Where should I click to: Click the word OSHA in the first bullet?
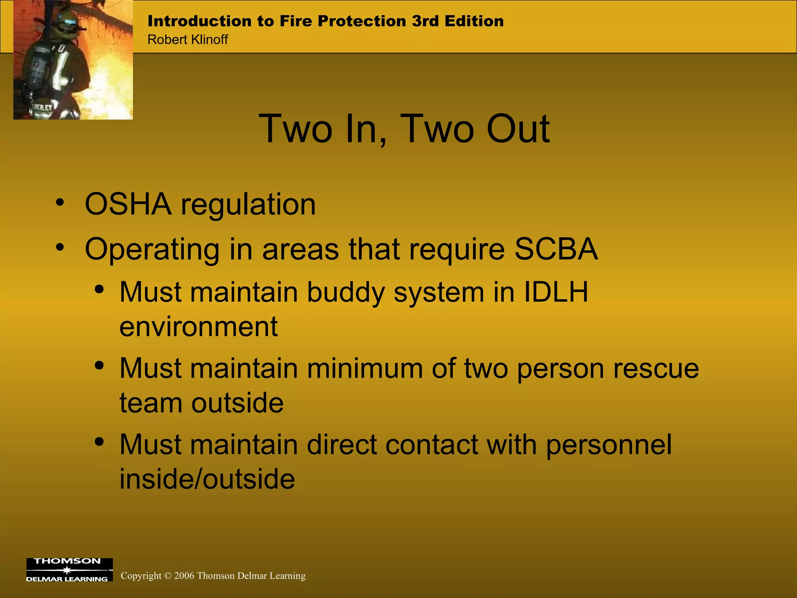128,204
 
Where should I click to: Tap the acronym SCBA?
556,249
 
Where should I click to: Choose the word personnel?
609,445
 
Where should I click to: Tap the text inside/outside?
207,479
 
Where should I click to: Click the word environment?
198,326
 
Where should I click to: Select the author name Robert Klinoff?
188,40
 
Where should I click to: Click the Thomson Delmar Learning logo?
69,570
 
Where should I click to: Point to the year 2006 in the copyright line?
184,576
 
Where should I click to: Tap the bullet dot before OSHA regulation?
60,202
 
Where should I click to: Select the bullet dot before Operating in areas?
60,247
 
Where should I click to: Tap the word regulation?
248,205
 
